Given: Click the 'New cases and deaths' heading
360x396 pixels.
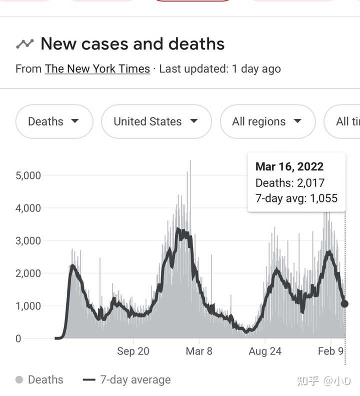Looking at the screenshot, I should [132, 44].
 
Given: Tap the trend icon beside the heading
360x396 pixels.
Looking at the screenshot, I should [24, 44].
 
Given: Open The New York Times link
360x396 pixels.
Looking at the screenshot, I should [97, 69].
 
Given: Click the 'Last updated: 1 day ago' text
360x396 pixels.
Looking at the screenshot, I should [220, 69].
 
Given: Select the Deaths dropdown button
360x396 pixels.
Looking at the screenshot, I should [54, 121].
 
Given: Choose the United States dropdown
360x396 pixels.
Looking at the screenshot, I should [156, 121].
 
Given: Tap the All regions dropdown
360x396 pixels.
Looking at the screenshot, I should [267, 121].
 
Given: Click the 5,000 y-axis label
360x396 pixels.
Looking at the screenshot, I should [28, 175].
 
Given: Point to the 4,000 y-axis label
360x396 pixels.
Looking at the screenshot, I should [28, 208].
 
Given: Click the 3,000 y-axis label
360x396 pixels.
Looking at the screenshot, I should [28, 240].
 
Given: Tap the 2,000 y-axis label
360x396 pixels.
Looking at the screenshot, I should [28, 273].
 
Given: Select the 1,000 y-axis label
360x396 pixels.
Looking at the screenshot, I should [28, 306].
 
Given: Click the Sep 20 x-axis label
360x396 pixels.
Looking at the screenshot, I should [133, 351].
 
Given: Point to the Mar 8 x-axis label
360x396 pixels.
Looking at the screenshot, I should [198, 351].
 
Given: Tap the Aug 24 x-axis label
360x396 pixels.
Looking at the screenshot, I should [265, 351].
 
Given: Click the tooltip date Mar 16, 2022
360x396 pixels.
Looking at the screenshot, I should [289, 167].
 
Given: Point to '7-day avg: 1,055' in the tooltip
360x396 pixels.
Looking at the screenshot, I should [296, 198].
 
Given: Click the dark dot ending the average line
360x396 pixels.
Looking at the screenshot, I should [344, 304].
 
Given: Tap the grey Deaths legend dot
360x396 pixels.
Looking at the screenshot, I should [19, 380].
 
